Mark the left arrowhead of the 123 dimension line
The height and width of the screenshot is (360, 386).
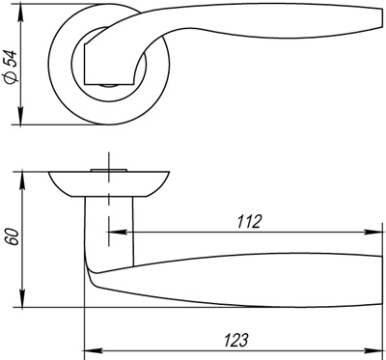click(90, 349)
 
